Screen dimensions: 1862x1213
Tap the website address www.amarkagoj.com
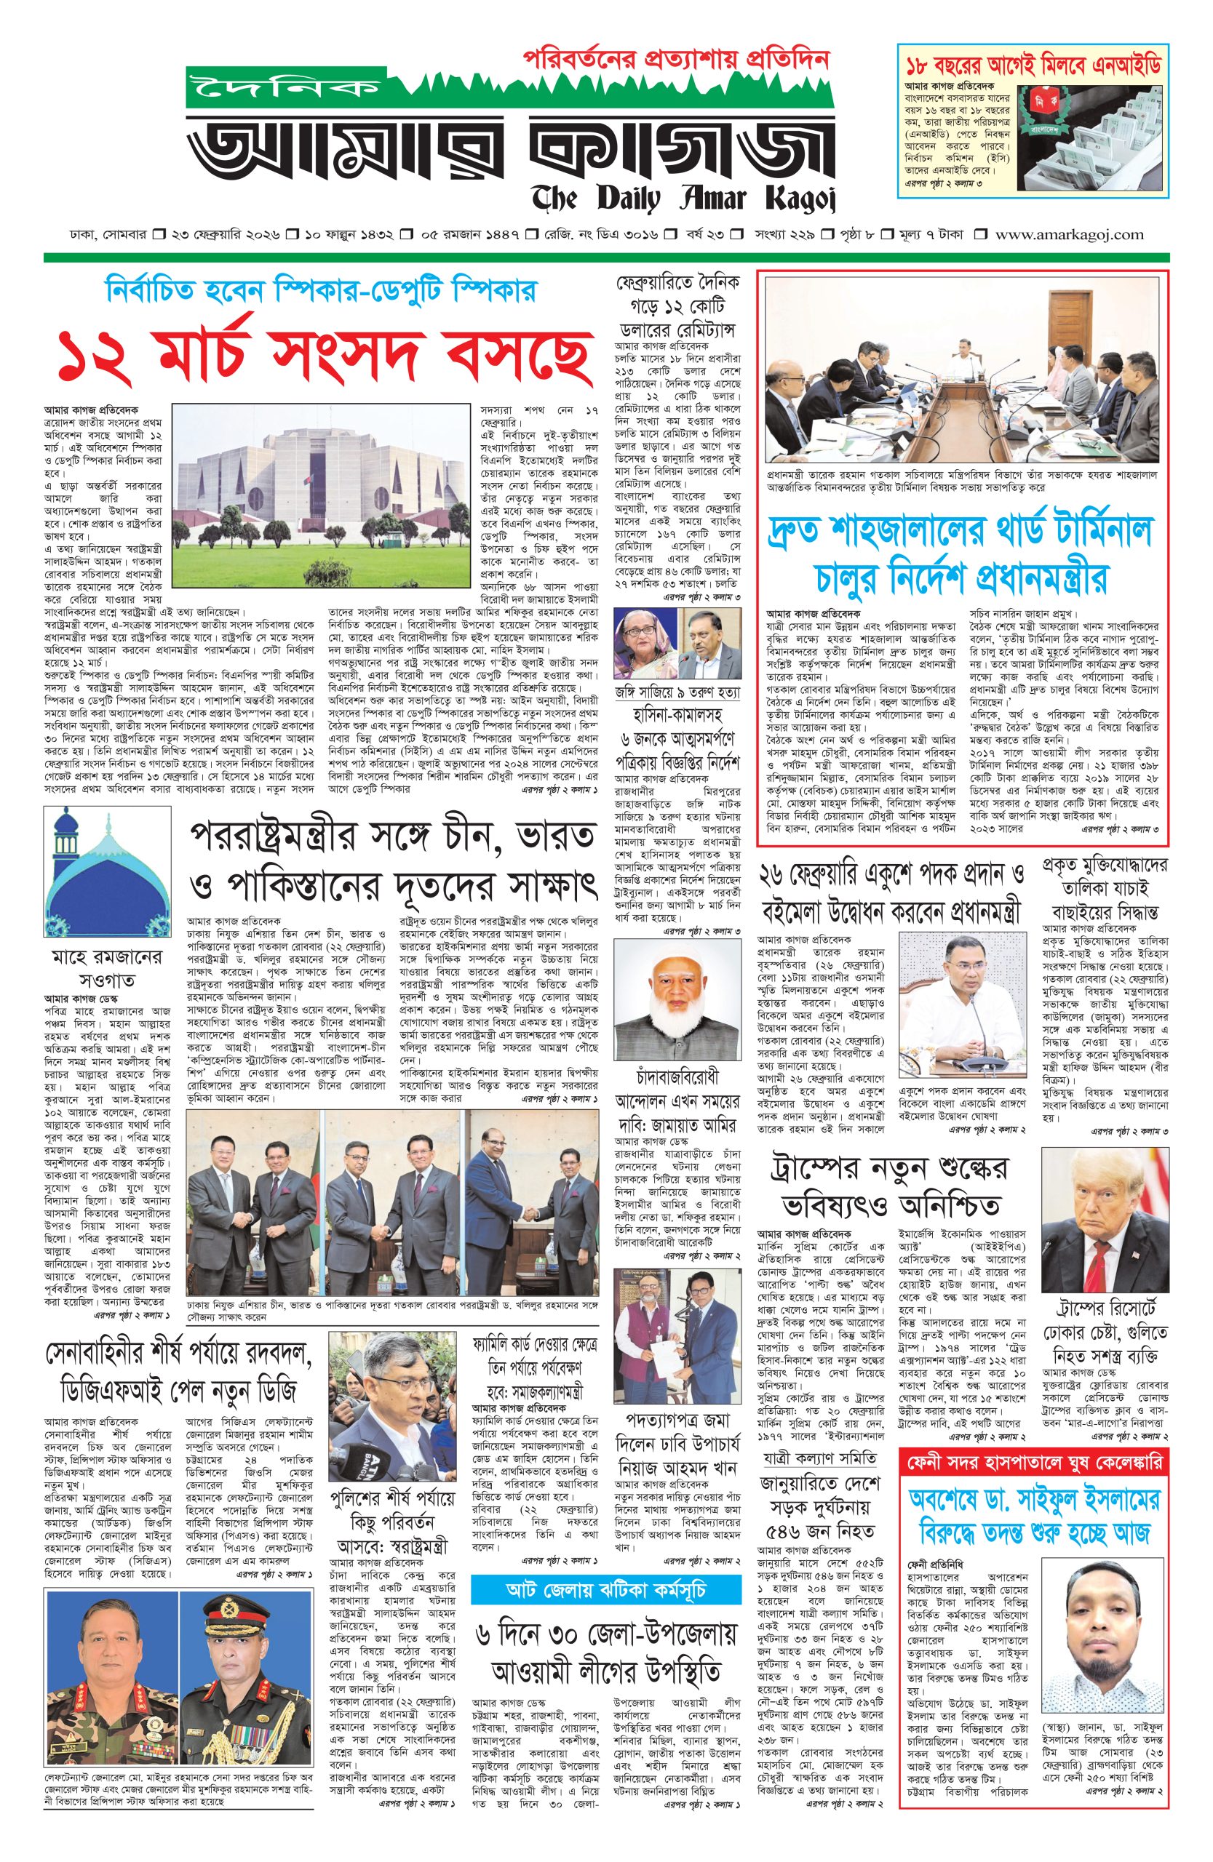pos(1059,234)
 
